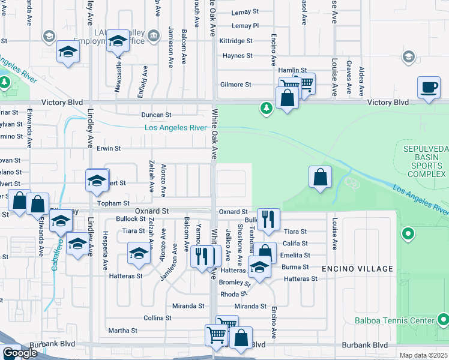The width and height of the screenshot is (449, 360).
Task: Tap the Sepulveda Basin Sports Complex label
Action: (422, 161)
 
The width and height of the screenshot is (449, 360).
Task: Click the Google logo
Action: (20, 353)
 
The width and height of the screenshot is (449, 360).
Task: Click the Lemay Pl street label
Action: (245, 26)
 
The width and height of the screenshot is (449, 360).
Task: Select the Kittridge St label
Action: (236, 41)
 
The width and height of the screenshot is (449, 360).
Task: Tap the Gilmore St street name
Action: (235, 85)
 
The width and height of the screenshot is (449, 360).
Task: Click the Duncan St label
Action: (156, 114)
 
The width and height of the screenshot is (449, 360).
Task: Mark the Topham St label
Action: (118, 204)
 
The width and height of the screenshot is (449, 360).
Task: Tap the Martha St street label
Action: (122, 331)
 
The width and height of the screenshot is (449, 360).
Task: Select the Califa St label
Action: (295, 244)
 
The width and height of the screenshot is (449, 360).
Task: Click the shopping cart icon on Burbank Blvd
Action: (216, 335)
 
